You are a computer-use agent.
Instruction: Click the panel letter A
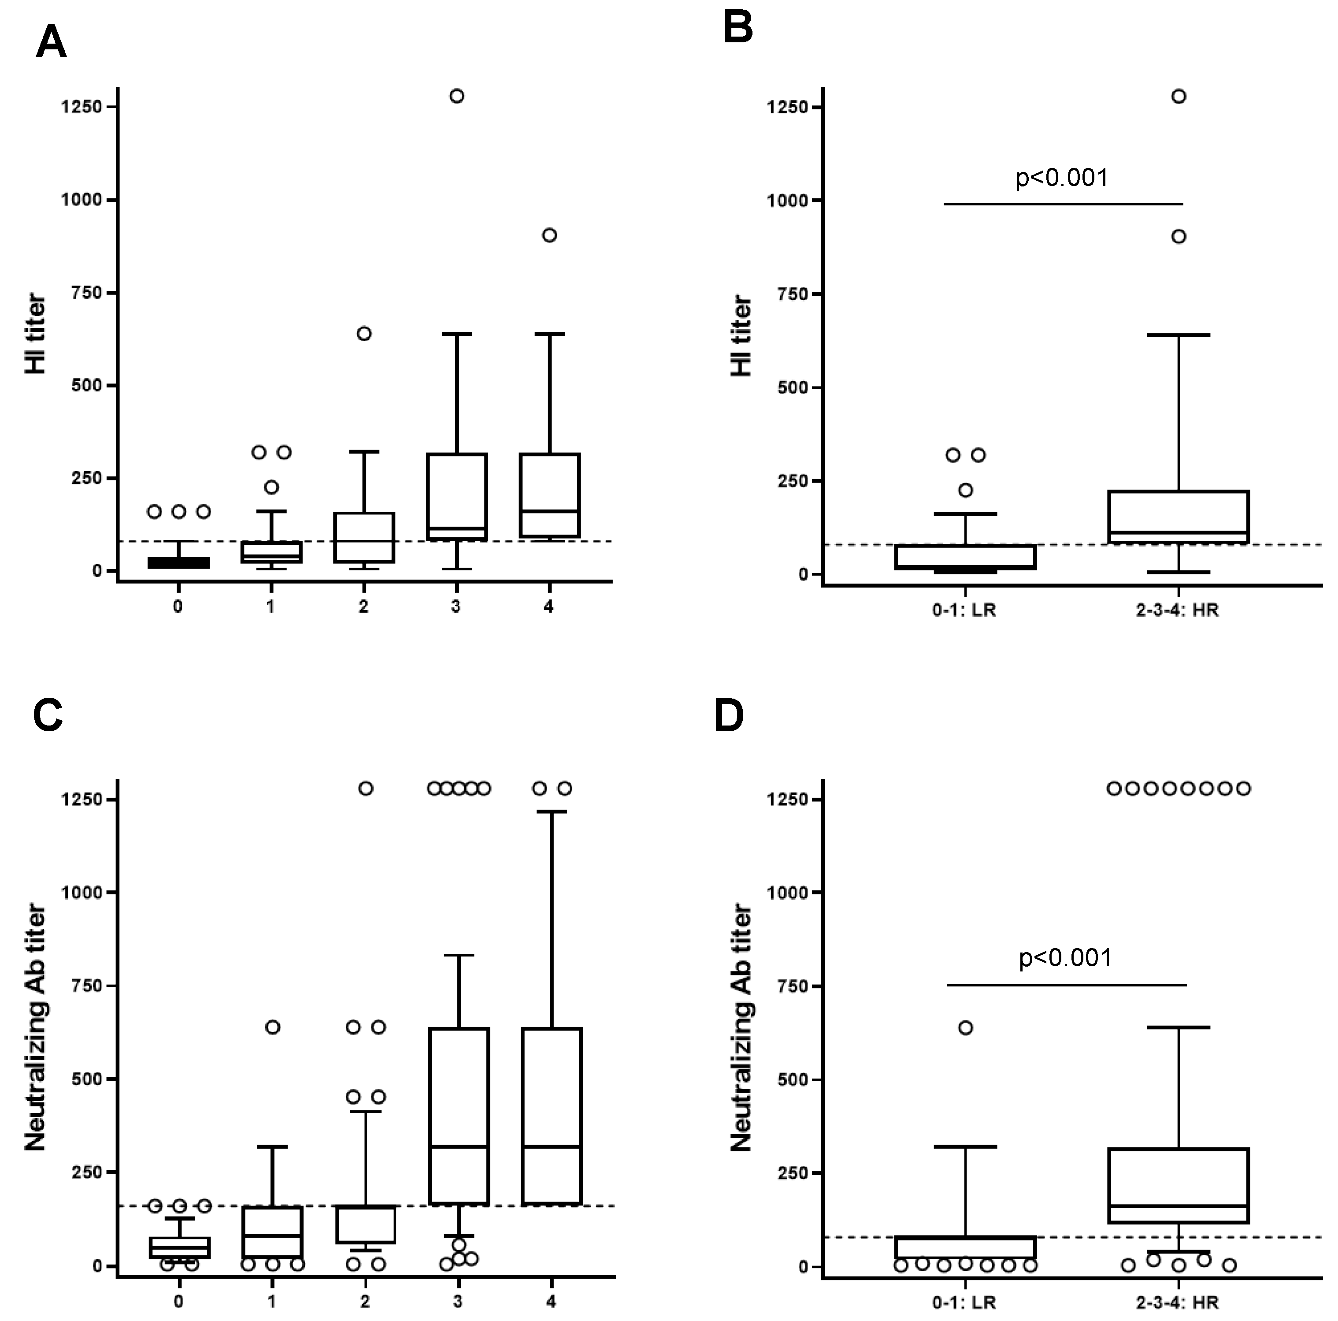tap(51, 42)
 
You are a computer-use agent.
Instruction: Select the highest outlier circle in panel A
tap(456, 96)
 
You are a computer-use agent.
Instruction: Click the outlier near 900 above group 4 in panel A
tap(549, 235)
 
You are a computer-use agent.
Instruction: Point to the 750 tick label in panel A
tap(86, 292)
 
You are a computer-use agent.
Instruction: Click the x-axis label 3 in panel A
tap(456, 607)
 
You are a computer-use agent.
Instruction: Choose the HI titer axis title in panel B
tap(741, 336)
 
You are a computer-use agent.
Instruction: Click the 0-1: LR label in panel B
tap(964, 610)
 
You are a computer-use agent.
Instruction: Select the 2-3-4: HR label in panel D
tap(1177, 1302)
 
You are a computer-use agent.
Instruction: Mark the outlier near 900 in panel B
tap(1178, 236)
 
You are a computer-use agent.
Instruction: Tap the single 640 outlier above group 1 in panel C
tap(273, 1027)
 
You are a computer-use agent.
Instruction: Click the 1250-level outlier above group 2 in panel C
tap(366, 788)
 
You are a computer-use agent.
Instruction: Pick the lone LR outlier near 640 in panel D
tap(965, 1027)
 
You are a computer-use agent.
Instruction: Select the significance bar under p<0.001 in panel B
tap(1063, 205)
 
